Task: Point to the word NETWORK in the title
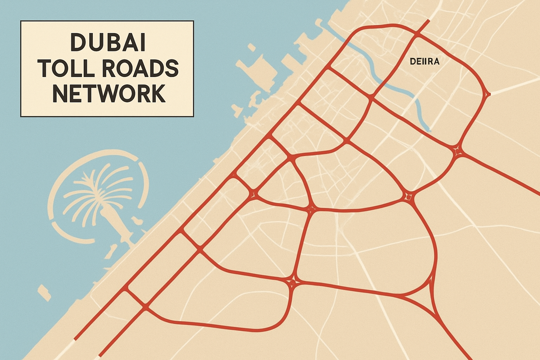tap(109, 94)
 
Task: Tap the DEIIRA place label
tap(425, 62)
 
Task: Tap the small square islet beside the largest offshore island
tap(251, 47)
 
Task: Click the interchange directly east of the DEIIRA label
tap(487, 94)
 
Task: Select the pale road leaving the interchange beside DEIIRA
tap(513, 86)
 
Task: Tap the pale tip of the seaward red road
tap(75, 340)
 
